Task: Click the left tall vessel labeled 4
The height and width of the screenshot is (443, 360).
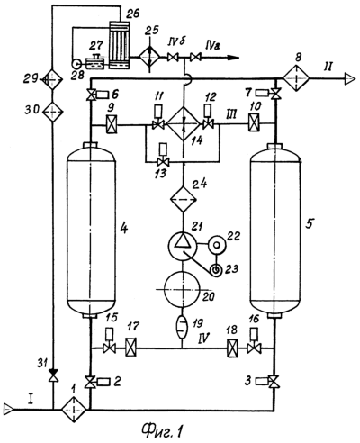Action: point(91,231)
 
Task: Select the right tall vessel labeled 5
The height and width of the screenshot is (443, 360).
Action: point(275,231)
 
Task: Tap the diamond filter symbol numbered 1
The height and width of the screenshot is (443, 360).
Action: point(74,409)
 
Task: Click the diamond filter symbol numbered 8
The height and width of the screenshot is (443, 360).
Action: point(296,78)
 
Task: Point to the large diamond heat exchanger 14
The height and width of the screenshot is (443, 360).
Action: point(184,123)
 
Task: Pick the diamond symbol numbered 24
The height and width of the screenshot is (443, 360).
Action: point(183,198)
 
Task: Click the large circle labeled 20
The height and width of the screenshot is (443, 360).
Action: point(183,289)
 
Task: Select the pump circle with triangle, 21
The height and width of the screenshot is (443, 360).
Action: point(182,246)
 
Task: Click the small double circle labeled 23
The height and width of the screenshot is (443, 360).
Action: point(216,269)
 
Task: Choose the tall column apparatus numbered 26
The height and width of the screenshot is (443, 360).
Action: point(120,45)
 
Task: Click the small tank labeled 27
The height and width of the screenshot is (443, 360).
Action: point(94,62)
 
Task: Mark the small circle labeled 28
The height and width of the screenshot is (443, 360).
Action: point(76,63)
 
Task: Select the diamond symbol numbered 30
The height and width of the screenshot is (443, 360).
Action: point(52,112)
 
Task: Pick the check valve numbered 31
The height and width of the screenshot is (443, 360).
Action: point(54,375)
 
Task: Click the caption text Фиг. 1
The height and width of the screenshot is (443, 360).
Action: point(162,432)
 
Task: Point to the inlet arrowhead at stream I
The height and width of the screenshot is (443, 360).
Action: point(8,409)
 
